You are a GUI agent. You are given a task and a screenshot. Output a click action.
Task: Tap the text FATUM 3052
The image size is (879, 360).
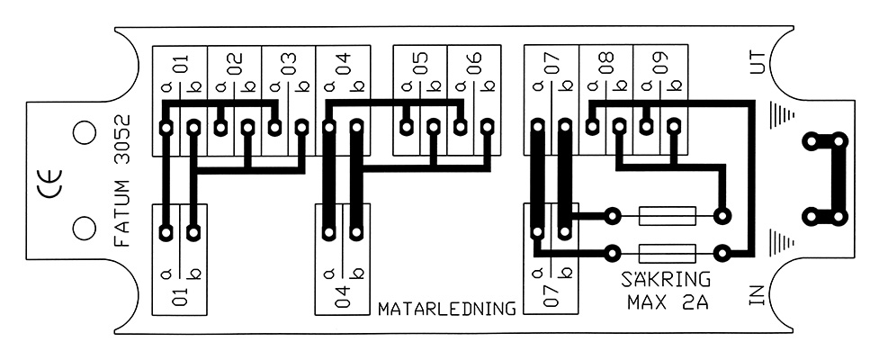point(121,181)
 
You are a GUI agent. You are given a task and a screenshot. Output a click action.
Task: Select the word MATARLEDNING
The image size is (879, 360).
point(447,309)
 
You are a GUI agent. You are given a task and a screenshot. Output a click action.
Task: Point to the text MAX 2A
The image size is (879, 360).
point(668,302)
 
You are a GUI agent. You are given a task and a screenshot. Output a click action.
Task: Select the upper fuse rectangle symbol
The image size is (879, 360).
point(668,215)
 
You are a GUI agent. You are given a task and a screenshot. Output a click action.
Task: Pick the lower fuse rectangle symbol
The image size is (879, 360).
point(668,254)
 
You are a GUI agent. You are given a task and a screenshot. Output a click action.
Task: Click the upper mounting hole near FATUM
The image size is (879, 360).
point(84,132)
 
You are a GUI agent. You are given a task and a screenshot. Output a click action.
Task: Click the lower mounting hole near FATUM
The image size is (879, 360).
point(84,229)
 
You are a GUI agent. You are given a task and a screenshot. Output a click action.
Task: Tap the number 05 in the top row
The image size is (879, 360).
point(420,62)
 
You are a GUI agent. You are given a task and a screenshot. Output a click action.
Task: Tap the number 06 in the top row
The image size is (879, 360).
point(474,62)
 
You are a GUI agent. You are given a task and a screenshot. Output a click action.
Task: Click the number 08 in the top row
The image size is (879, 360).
point(606,62)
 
